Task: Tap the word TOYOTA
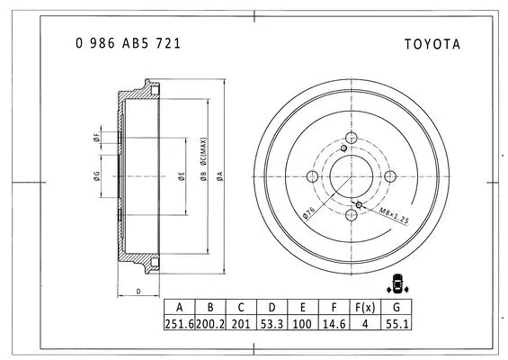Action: click(x=432, y=42)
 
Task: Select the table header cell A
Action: click(x=179, y=307)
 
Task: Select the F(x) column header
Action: click(x=364, y=307)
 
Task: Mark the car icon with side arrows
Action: click(x=397, y=283)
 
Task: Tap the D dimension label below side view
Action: click(x=138, y=292)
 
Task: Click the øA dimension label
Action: click(x=219, y=176)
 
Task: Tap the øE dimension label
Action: click(x=181, y=176)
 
